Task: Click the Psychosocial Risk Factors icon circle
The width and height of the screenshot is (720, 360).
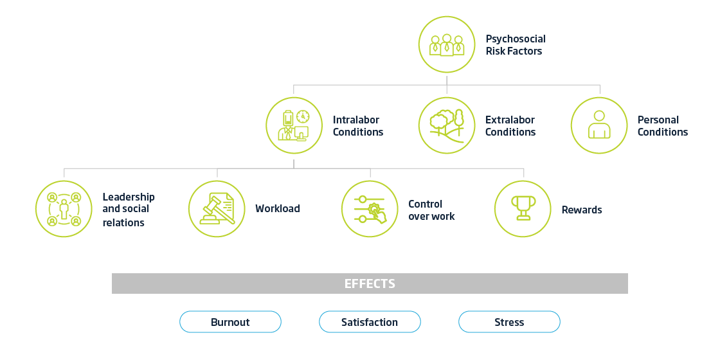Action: coord(447,44)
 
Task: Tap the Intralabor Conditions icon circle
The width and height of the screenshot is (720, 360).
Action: coord(294,125)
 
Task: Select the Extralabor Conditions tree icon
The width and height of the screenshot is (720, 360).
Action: coord(447,125)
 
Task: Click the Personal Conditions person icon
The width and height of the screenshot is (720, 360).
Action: coord(599,125)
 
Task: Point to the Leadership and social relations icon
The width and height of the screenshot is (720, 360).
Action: coord(64,209)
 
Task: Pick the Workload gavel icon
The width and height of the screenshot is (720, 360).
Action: coord(217,209)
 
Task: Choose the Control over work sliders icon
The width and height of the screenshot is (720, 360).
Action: coord(370,209)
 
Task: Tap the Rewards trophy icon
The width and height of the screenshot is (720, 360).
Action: coord(523,209)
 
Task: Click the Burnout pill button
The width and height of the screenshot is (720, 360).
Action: coord(230,322)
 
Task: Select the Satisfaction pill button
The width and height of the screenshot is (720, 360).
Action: coord(370,322)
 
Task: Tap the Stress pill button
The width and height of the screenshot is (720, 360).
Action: coord(509,322)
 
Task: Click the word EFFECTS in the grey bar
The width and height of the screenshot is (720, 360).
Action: coord(370,283)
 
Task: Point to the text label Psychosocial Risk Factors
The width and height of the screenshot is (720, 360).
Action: coord(515,45)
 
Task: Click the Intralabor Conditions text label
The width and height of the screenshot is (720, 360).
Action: coord(357,126)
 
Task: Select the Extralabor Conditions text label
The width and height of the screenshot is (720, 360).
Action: coord(510,126)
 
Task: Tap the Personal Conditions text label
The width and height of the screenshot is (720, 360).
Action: coord(662,126)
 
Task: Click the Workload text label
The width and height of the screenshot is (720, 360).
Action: coord(277,209)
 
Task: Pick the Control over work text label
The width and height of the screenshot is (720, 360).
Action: coord(431,210)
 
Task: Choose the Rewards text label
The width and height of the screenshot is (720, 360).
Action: coord(581,210)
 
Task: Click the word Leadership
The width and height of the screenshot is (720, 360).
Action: coord(129,197)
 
